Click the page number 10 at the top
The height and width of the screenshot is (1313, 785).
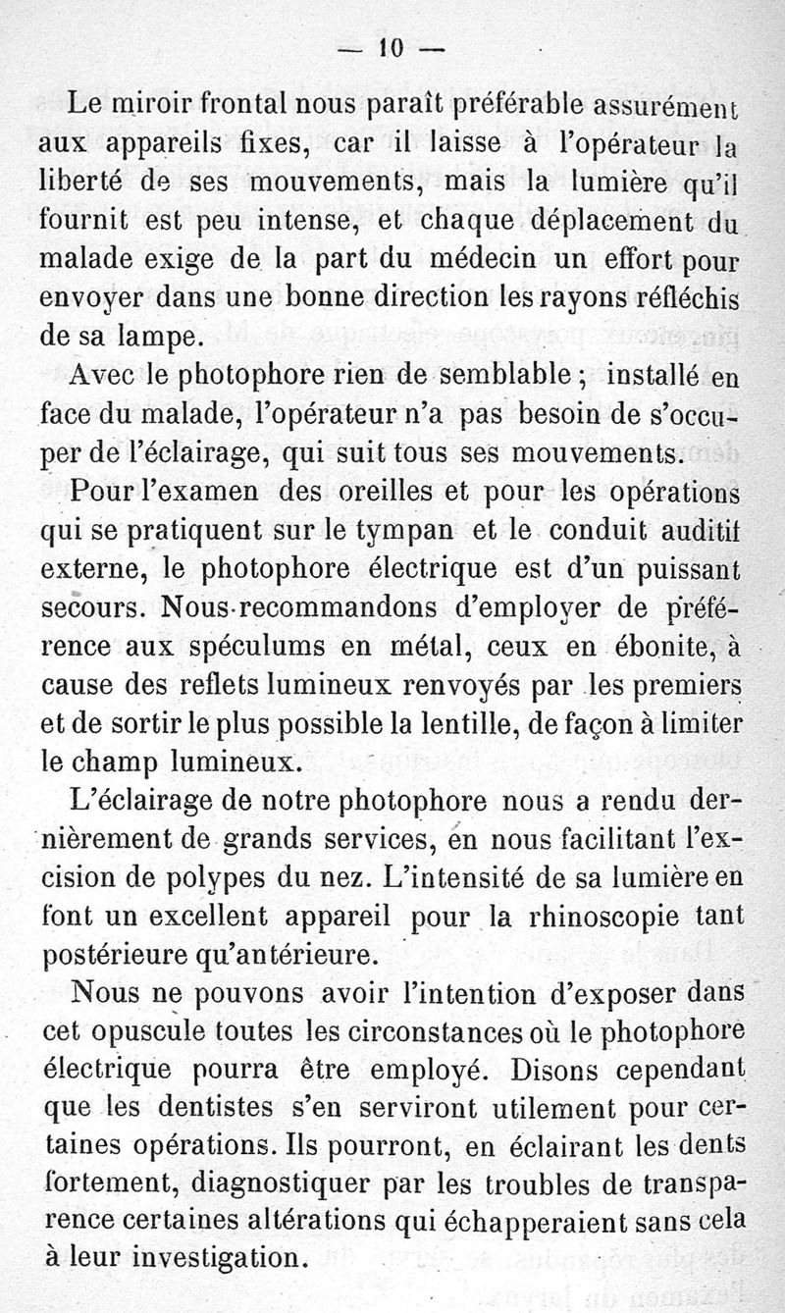click(x=392, y=47)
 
